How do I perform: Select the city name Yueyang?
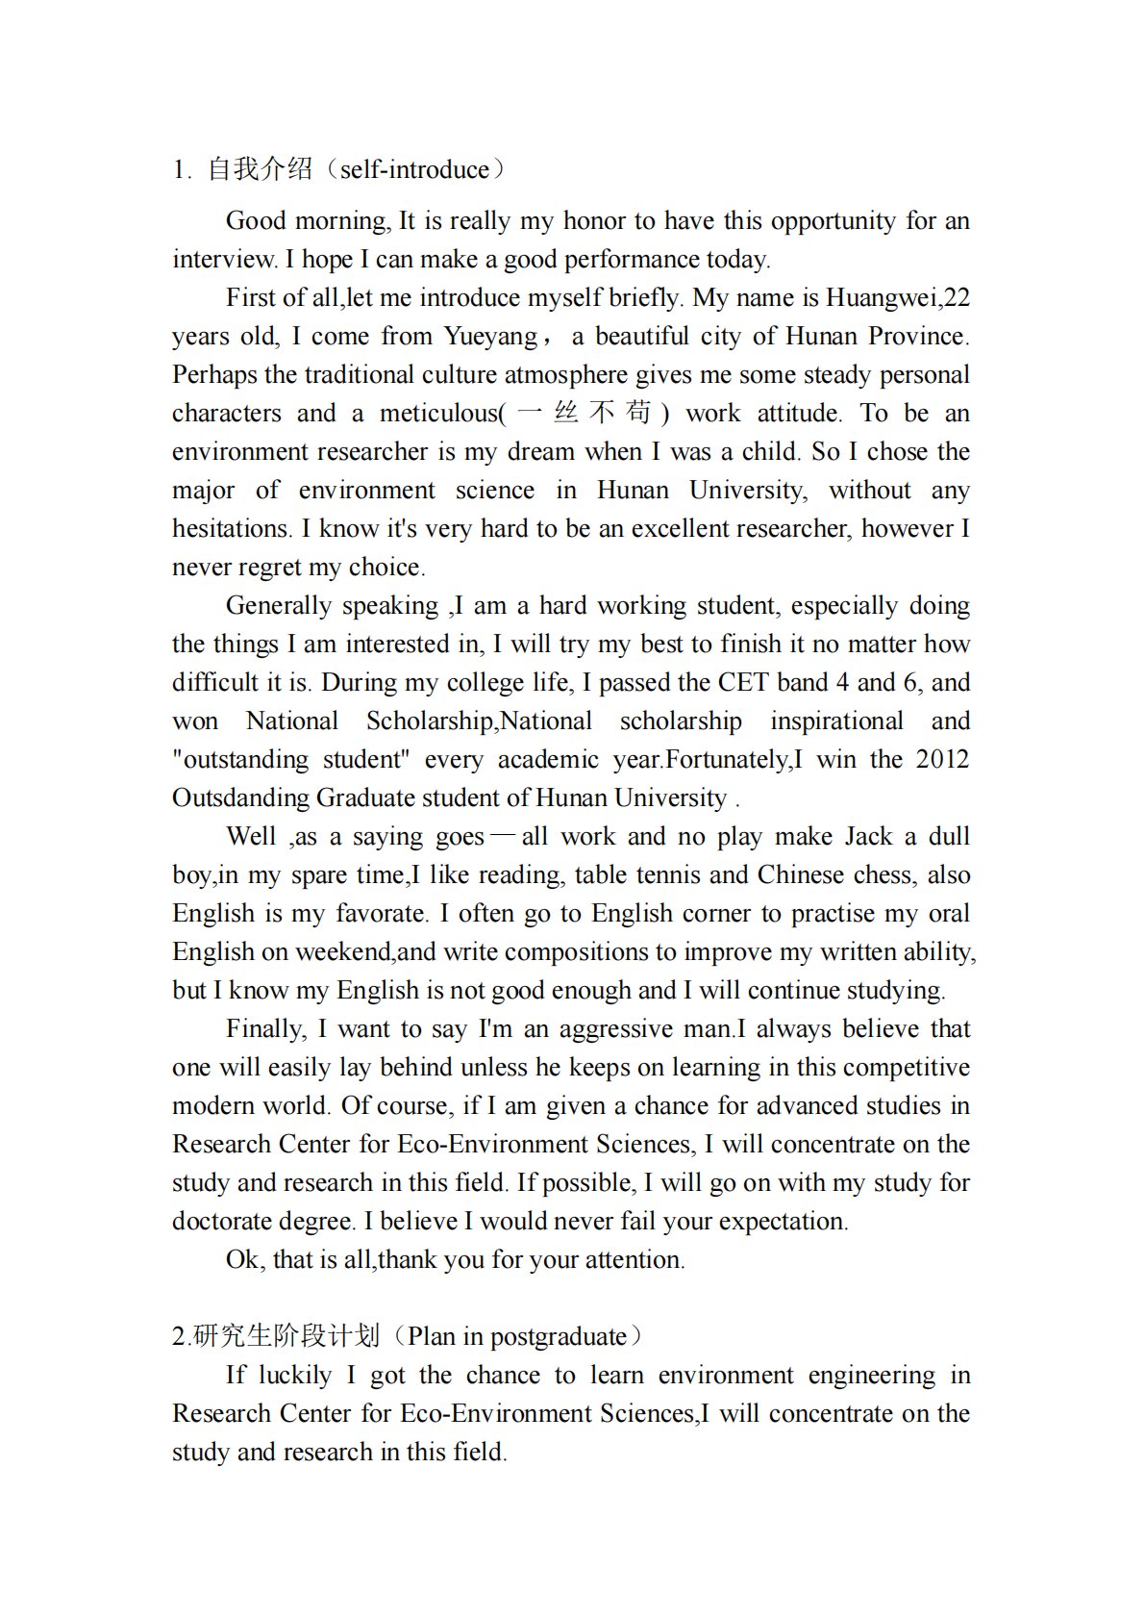pyautogui.click(x=490, y=336)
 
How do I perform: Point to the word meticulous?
pyautogui.click(x=438, y=414)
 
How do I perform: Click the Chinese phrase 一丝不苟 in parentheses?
pyautogui.click(x=584, y=413)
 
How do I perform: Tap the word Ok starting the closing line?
pyautogui.click(x=241, y=1259)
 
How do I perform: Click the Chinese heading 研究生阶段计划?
pyautogui.click(x=286, y=1336)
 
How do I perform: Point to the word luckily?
pyautogui.click(x=295, y=1375)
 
